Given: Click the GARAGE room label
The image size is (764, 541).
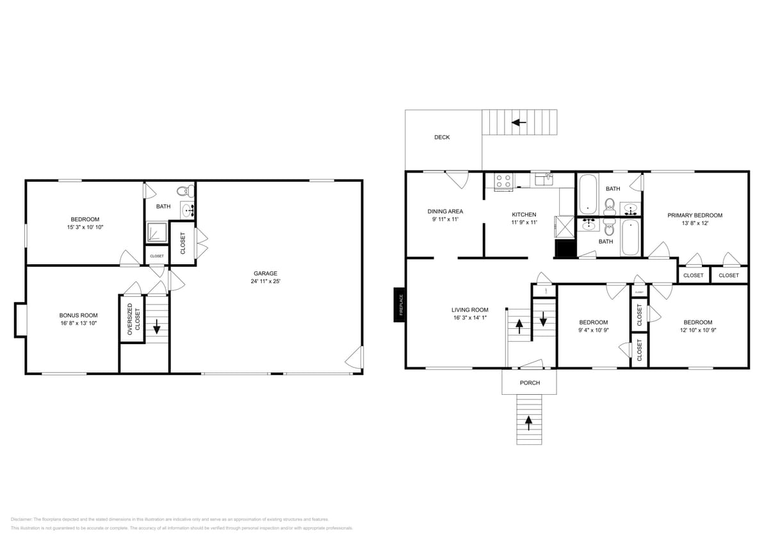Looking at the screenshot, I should click(x=265, y=273).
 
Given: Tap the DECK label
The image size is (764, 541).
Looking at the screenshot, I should click(x=442, y=137).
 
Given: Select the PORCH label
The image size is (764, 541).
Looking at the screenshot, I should click(x=530, y=383).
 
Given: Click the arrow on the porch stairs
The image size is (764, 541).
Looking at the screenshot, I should click(x=529, y=421).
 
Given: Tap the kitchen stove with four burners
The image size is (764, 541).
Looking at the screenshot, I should click(x=503, y=181).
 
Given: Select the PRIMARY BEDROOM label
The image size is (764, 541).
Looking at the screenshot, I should click(x=695, y=215).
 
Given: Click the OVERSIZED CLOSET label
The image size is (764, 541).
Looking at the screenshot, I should click(x=133, y=319).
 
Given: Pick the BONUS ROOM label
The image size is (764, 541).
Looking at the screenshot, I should click(x=78, y=315).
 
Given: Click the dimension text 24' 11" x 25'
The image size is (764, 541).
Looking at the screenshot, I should click(x=265, y=281).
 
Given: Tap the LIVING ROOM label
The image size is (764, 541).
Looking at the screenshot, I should click(x=469, y=310).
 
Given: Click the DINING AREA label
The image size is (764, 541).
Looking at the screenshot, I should click(x=445, y=212).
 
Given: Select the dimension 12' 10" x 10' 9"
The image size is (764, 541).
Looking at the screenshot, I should click(x=697, y=331).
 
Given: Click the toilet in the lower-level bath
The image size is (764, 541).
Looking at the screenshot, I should click(x=184, y=190).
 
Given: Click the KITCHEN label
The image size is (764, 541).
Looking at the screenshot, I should click(x=524, y=215).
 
